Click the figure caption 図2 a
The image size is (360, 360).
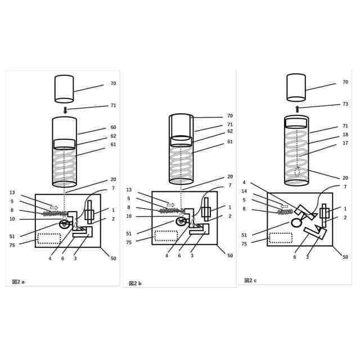coord(19,281)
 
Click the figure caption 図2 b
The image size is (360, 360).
coord(135,283)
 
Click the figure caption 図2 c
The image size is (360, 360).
coord(250,280)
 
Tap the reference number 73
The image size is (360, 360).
coord(345,104)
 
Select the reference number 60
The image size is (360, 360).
coord(113,128)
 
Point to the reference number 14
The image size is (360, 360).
coord(244,191)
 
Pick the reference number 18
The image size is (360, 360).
coord(345,135)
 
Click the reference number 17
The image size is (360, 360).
coord(345,143)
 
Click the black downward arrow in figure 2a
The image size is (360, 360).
coord(65,110)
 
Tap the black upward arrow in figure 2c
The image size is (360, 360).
coord(297,109)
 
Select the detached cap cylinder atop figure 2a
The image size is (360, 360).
coord(64,89)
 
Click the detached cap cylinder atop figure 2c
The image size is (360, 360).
coord(296,87)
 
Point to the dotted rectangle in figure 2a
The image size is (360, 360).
coord(49,238)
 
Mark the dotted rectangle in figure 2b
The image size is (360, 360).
coord(166,236)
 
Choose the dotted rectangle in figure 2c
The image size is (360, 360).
coord(281,237)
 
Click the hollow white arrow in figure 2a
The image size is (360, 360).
coord(54,208)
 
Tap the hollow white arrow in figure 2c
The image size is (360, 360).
coord(285,206)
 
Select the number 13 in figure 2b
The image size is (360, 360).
coord(129,190)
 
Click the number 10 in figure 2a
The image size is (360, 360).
coord(12,219)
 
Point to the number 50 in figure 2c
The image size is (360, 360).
coord(345,257)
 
